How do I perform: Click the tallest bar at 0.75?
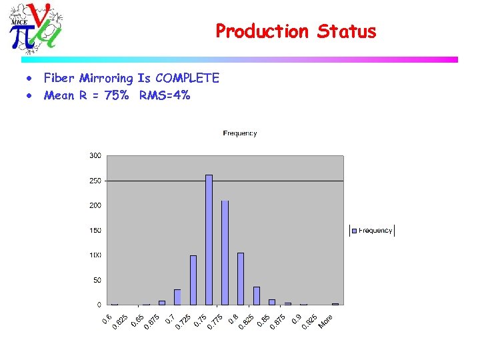pyautogui.click(x=209, y=240)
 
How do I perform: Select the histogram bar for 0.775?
pyautogui.click(x=225, y=253)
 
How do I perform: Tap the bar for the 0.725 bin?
pyautogui.click(x=193, y=280)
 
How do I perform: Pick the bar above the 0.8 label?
pyautogui.click(x=241, y=279)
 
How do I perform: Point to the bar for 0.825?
pyautogui.click(x=257, y=295)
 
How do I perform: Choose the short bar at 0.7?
pyautogui.click(x=177, y=297)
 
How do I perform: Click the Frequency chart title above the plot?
pyautogui.click(x=240, y=133)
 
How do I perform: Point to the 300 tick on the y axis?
pyautogui.click(x=95, y=156)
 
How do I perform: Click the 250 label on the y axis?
pyautogui.click(x=95, y=181)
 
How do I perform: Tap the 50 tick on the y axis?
pyautogui.click(x=97, y=281)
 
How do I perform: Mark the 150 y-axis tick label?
pyautogui.click(x=95, y=231)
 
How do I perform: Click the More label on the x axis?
pyautogui.click(x=325, y=321)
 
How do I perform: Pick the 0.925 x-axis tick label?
pyautogui.click(x=309, y=322)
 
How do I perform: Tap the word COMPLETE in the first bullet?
pyautogui.click(x=187, y=79)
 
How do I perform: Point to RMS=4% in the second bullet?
pyautogui.click(x=165, y=95)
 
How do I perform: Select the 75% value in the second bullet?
pyautogui.click(x=117, y=95)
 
